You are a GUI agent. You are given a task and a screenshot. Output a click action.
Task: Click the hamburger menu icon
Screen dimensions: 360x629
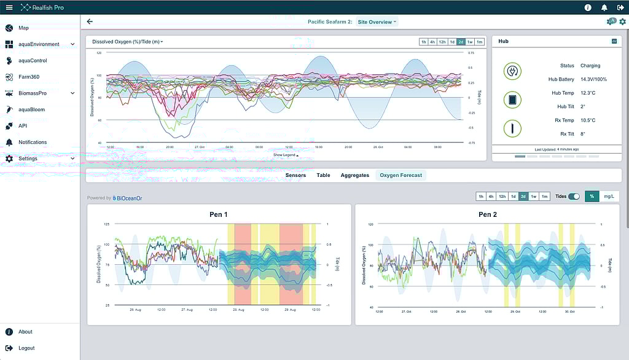tap(9, 7)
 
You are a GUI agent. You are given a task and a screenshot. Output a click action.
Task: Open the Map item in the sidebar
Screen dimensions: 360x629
tap(23, 28)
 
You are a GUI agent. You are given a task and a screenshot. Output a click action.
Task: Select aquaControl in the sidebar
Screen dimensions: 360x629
tap(33, 61)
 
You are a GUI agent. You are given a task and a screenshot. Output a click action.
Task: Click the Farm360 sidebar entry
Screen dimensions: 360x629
tap(29, 77)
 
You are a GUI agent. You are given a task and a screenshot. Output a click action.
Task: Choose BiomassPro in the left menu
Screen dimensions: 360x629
tap(33, 93)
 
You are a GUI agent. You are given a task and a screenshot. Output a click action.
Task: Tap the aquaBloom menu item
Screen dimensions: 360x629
tap(31, 109)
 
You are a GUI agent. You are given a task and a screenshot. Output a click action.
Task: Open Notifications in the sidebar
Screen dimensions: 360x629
tap(33, 142)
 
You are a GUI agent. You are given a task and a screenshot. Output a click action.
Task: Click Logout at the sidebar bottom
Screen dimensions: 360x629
tap(26, 348)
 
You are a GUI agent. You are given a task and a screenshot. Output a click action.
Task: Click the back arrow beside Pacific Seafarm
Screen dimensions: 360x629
tap(90, 22)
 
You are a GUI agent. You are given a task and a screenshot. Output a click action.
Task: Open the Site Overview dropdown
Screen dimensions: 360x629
tap(377, 22)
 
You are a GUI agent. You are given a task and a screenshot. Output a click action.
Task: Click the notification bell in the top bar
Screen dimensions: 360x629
tap(604, 7)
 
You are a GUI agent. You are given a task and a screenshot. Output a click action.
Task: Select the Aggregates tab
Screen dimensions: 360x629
tap(355, 175)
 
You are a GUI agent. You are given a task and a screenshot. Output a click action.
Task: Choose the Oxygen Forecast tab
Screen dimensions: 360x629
tap(400, 175)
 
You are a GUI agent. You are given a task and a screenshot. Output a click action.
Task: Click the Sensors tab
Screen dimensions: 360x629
tap(295, 175)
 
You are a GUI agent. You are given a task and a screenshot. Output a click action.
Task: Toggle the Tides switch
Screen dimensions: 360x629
tap(574, 197)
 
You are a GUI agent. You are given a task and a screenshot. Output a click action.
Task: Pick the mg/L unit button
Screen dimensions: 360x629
tap(609, 197)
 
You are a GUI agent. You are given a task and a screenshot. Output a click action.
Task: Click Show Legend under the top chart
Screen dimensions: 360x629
tap(285, 155)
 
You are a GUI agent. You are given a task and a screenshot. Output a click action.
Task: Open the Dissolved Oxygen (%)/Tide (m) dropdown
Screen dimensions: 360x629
tap(127, 42)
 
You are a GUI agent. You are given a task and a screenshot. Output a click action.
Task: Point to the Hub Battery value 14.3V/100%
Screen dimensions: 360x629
tap(593, 79)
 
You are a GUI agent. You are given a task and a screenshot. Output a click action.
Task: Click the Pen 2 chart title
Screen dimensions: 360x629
tap(488, 214)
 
